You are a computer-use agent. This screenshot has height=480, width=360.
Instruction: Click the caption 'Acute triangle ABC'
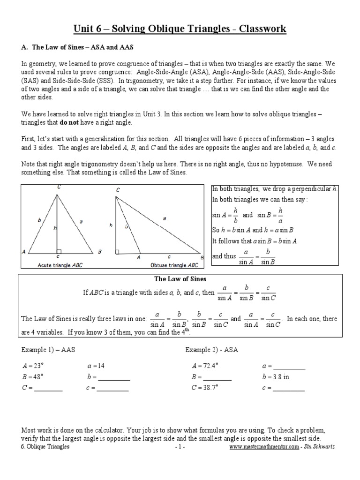click(x=60, y=265)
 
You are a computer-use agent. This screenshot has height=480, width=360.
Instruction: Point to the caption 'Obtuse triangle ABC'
click(x=174, y=265)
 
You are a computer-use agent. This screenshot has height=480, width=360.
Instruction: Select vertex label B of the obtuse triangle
click(x=202, y=257)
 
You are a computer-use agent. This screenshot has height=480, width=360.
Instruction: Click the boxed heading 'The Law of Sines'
click(x=180, y=279)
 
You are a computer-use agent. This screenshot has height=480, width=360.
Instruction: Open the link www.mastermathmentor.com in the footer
click(x=264, y=447)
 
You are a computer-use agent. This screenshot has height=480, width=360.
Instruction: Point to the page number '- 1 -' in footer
click(x=180, y=447)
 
